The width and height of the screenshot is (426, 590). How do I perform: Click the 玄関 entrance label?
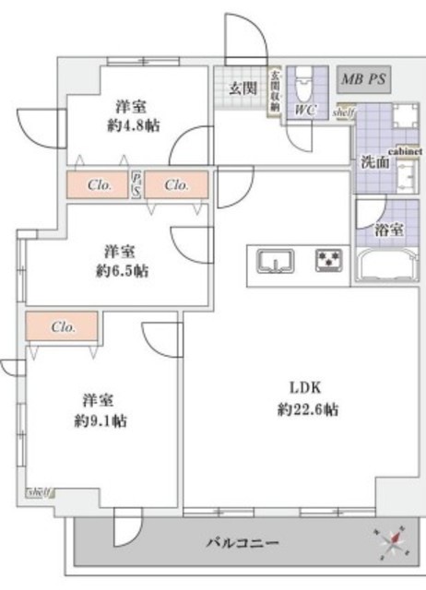click(243, 88)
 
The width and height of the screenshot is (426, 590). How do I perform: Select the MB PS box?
click(362, 79)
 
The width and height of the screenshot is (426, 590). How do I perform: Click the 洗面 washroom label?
click(374, 161)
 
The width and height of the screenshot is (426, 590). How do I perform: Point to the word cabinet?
click(406, 149)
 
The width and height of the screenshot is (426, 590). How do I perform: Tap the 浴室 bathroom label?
click(387, 230)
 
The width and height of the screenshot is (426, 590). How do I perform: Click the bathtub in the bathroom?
click(385, 267)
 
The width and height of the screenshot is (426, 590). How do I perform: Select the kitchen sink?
click(274, 262)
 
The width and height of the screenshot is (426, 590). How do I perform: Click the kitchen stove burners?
click(327, 261)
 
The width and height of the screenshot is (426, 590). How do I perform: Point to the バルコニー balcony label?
click(242, 540)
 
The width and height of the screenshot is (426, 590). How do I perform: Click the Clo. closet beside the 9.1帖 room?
click(63, 326)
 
